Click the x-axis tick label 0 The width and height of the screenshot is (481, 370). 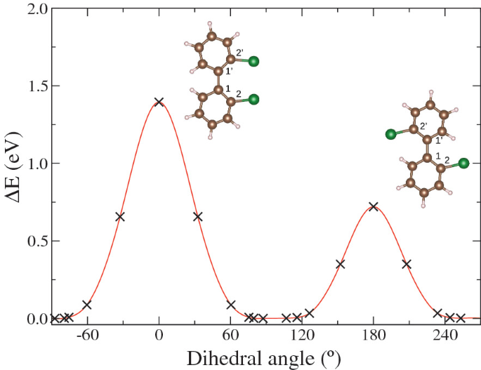(x=159, y=336)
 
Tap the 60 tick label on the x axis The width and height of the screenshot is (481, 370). (x=231, y=336)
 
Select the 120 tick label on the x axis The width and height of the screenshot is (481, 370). (x=302, y=336)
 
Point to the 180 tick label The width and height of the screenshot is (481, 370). (x=374, y=336)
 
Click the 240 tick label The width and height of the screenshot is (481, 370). (x=445, y=336)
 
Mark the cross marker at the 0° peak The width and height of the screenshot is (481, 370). (x=159, y=102)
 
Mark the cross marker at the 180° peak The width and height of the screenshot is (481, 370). (x=374, y=206)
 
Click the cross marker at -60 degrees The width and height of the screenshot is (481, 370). (x=87, y=305)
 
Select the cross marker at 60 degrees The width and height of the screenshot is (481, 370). (x=231, y=305)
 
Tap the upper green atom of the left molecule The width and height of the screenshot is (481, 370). (x=253, y=62)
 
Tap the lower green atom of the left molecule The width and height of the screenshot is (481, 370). (x=253, y=100)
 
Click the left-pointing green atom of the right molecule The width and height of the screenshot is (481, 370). (x=390, y=133)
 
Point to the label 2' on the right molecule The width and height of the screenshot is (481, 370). (x=423, y=126)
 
